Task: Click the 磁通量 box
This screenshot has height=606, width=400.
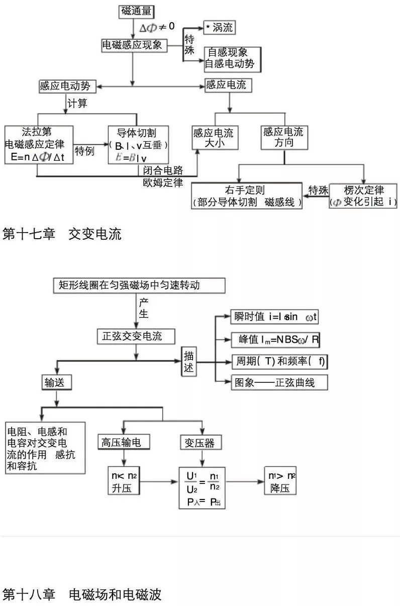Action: click(136, 12)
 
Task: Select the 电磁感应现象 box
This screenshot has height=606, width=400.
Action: click(133, 45)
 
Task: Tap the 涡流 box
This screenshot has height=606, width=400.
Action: click(219, 28)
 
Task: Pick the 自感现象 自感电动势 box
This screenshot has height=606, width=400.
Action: click(233, 58)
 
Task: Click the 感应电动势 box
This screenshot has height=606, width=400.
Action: click(67, 86)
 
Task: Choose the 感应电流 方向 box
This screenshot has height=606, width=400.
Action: click(283, 137)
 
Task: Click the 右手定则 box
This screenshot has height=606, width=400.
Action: click(246, 196)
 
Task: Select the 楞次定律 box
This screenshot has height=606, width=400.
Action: click(363, 196)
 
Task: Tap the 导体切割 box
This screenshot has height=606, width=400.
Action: click(138, 145)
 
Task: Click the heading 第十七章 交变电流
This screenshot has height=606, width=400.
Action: click(62, 234)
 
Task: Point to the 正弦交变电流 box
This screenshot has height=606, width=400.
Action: click(136, 336)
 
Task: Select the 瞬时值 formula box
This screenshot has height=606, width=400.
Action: click(274, 318)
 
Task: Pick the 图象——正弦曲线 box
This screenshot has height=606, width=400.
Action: click(279, 382)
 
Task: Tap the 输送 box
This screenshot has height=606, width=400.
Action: click(56, 382)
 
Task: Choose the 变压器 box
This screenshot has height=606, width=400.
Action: click(200, 442)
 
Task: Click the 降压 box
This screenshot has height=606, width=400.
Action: click(280, 482)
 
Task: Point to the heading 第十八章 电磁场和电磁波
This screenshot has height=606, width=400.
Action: click(82, 595)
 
